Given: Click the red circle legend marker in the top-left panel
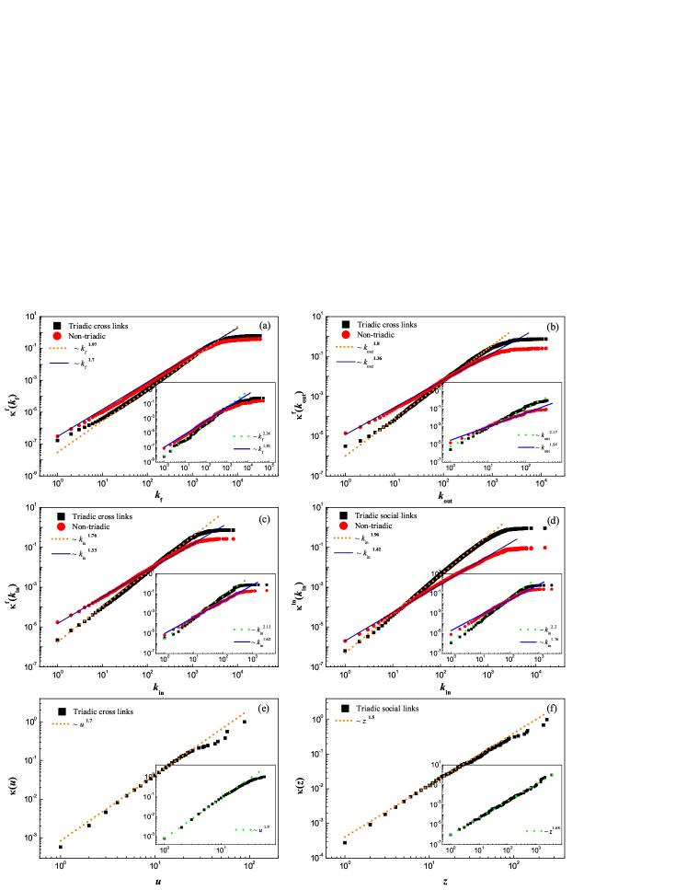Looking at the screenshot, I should [57, 336].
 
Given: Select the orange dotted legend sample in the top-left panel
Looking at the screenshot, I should [58, 349].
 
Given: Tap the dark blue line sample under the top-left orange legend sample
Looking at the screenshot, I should [59, 363].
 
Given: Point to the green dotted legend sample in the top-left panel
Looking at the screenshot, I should [242, 436].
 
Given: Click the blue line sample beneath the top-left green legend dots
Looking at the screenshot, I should [242, 449].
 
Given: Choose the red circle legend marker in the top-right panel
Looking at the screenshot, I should [346, 335].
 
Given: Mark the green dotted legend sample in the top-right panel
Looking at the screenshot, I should [526, 434].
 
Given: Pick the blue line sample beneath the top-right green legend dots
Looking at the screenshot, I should [526, 447].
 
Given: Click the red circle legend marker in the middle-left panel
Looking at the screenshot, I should [61, 526].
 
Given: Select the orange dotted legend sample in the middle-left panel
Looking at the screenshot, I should [60, 539].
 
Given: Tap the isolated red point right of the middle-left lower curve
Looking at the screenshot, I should [267, 590].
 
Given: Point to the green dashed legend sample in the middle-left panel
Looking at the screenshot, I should [242, 630].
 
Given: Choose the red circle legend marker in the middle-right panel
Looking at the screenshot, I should [344, 526].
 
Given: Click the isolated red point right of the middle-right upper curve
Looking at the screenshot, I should [544, 548].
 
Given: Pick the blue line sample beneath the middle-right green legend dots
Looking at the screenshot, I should [528, 642].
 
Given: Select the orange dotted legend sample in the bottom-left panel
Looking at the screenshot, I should [61, 724].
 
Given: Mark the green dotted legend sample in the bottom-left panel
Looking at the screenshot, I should [243, 829].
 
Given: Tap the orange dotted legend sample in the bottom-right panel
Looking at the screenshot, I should [344, 721].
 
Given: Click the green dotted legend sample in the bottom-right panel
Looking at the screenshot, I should [533, 830].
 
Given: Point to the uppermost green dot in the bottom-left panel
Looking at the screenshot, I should [258, 771].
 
